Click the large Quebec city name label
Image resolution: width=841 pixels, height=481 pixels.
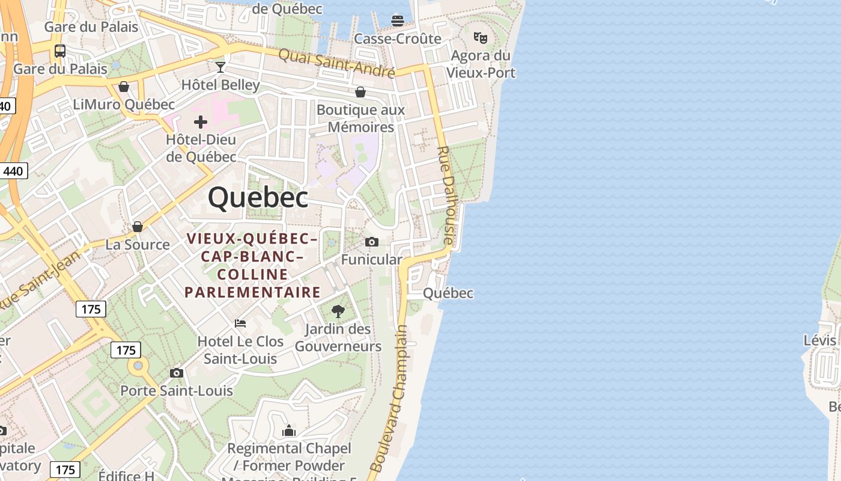pyautogui.click(x=258, y=197)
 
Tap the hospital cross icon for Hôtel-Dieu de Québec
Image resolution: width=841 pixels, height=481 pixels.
pyautogui.click(x=201, y=123)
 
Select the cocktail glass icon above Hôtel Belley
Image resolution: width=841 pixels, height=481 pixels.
pyautogui.click(x=220, y=67)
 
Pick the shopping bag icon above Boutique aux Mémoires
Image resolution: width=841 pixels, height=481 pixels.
pyautogui.click(x=360, y=92)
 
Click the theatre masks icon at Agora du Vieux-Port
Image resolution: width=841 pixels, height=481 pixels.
pyautogui.click(x=481, y=38)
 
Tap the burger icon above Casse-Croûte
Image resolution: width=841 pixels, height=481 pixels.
pyautogui.click(x=397, y=21)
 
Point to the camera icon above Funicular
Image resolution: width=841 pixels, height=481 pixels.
pyautogui.click(x=372, y=242)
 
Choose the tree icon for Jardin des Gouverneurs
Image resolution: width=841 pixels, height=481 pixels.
pyautogui.click(x=338, y=311)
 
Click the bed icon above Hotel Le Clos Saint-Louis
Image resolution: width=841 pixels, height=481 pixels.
pyautogui.click(x=240, y=323)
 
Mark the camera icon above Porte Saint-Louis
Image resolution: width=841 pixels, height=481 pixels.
pyautogui.click(x=176, y=373)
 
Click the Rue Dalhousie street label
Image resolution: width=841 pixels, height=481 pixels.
pyautogui.click(x=448, y=195)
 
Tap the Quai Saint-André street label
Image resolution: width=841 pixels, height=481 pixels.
pyautogui.click(x=336, y=63)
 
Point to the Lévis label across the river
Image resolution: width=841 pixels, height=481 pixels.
pyautogui.click(x=819, y=340)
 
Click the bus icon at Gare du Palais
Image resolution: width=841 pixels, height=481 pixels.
pyautogui.click(x=60, y=51)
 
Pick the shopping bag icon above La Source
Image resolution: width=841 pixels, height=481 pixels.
pyautogui.click(x=138, y=227)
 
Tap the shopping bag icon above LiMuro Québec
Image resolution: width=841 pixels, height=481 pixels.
pyautogui.click(x=124, y=87)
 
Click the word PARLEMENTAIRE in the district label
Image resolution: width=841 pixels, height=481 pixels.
pyautogui.click(x=252, y=292)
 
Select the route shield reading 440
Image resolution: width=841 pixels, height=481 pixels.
pyautogui.click(x=13, y=171)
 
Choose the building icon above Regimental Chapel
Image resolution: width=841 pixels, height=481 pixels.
pyautogui.click(x=289, y=430)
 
